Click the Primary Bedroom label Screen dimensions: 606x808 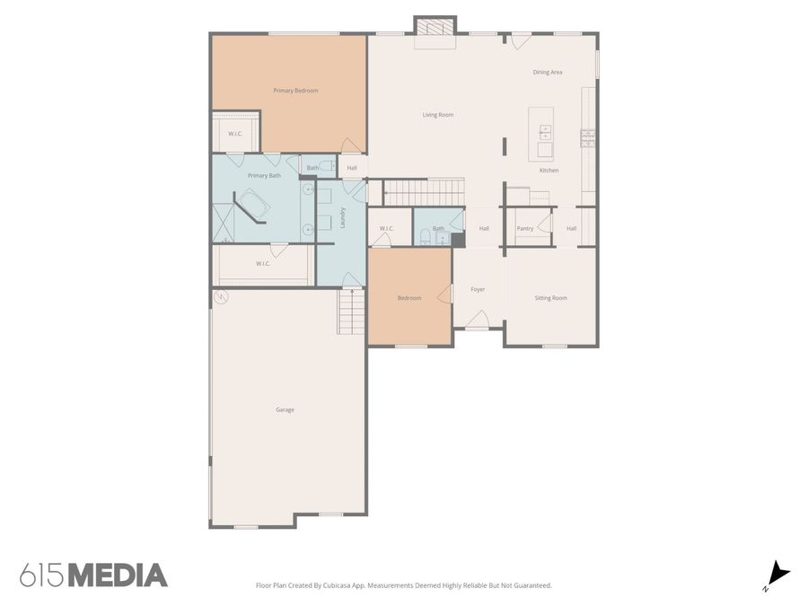click(x=295, y=91)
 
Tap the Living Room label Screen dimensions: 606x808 click(x=438, y=115)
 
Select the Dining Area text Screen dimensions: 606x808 click(x=548, y=72)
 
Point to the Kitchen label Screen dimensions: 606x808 click(x=549, y=171)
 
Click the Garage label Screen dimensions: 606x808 click(x=285, y=409)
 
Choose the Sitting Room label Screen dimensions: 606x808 click(x=550, y=298)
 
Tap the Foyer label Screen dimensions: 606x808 click(x=478, y=289)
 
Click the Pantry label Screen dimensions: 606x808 click(x=525, y=229)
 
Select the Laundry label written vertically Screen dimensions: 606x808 click(x=343, y=217)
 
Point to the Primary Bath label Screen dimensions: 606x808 click(x=264, y=176)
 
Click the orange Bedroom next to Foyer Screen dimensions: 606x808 click(x=409, y=298)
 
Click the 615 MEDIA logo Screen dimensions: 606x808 click(x=93, y=575)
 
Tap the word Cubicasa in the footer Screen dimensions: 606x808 click(x=364, y=585)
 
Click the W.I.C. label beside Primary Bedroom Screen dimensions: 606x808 click(x=235, y=134)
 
